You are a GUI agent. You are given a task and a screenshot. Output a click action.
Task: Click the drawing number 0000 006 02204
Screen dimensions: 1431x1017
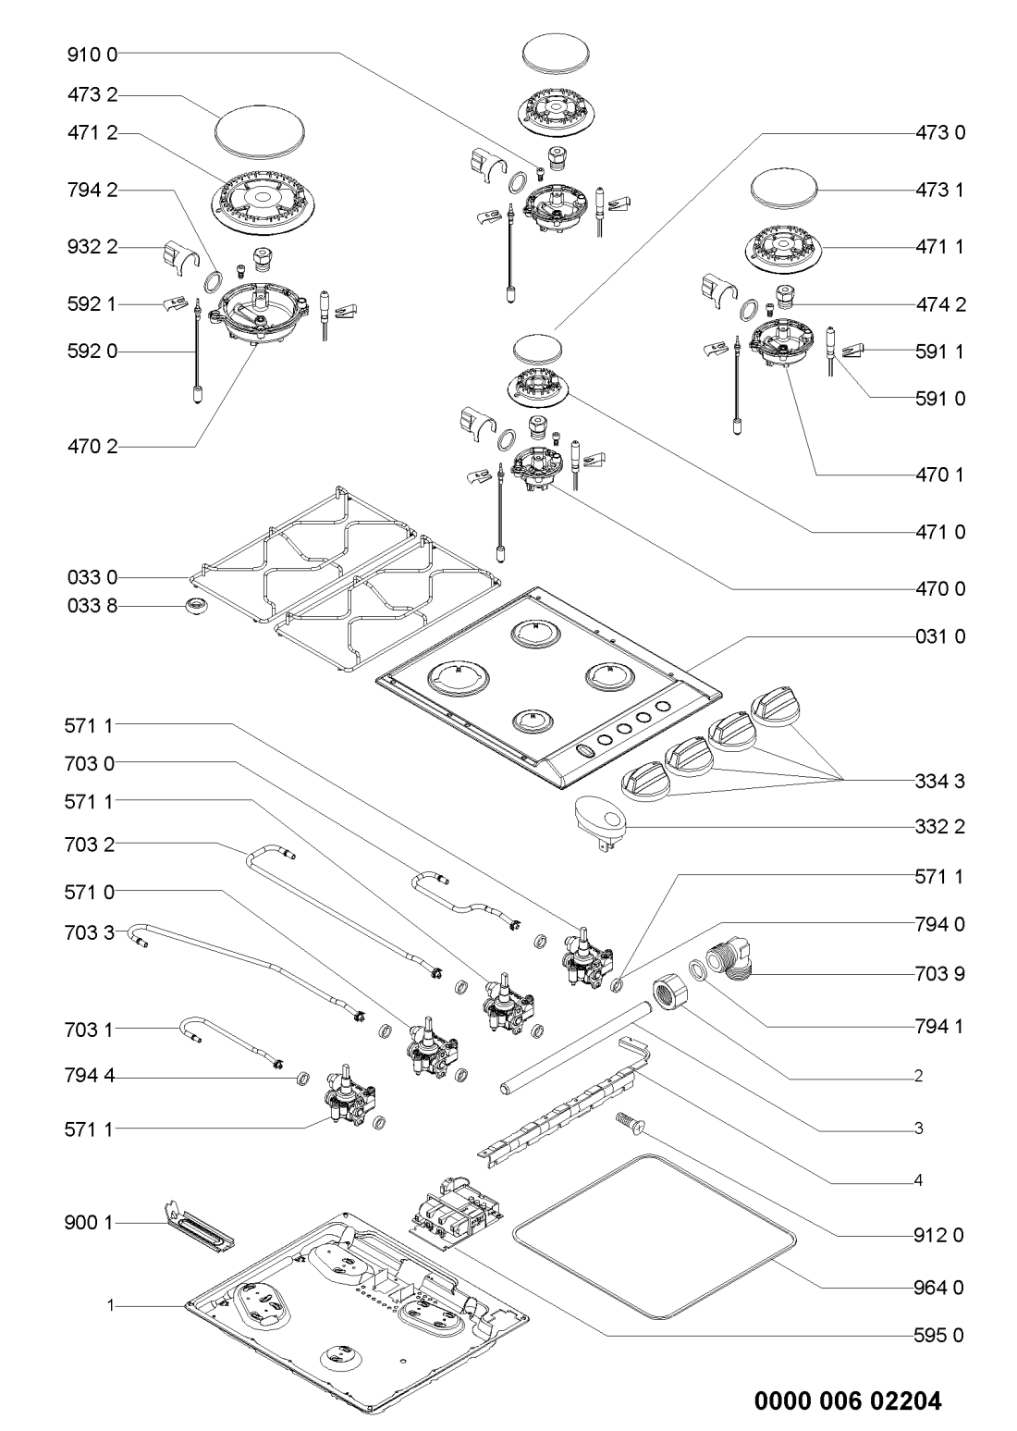(x=848, y=1376)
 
